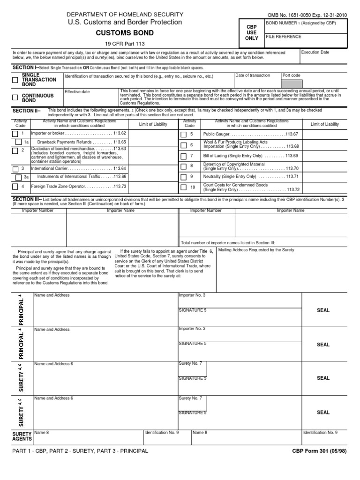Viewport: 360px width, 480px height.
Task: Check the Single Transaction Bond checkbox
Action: (x=15, y=80)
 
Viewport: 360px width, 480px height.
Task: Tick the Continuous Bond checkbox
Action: (x=15, y=97)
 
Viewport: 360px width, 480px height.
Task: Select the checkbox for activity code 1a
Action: (x=19, y=142)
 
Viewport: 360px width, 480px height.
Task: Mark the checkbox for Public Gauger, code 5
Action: (x=184, y=134)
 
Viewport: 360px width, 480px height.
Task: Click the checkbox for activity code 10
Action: (x=184, y=187)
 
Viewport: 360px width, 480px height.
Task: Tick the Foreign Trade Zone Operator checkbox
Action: (x=15, y=187)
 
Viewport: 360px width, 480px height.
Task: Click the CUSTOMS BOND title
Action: (x=125, y=33)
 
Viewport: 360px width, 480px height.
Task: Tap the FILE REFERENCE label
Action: (x=284, y=36)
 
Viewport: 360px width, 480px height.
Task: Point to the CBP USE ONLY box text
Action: (x=252, y=33)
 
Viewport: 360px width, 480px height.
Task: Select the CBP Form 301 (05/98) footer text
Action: (x=319, y=450)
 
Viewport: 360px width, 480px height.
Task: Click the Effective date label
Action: (x=77, y=92)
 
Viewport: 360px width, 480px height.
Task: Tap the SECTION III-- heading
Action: (x=27, y=199)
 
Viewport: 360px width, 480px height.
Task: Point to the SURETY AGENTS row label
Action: (x=21, y=436)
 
